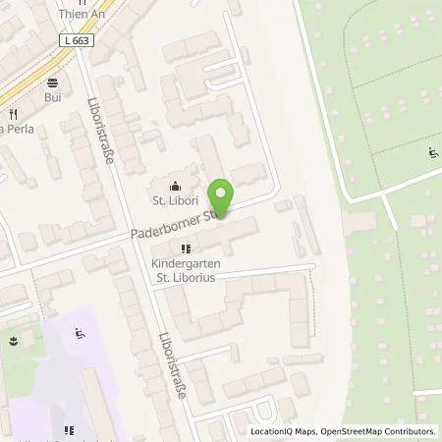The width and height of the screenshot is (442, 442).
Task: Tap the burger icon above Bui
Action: pos(51,83)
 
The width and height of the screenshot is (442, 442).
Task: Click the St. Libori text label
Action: pos(174,203)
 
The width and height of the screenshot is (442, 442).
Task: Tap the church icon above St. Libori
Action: pos(174,187)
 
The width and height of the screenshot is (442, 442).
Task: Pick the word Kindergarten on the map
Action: pos(185,263)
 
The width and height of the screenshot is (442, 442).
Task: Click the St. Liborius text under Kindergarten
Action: pos(185,278)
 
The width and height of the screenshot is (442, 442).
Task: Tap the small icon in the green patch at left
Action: pos(13,343)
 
